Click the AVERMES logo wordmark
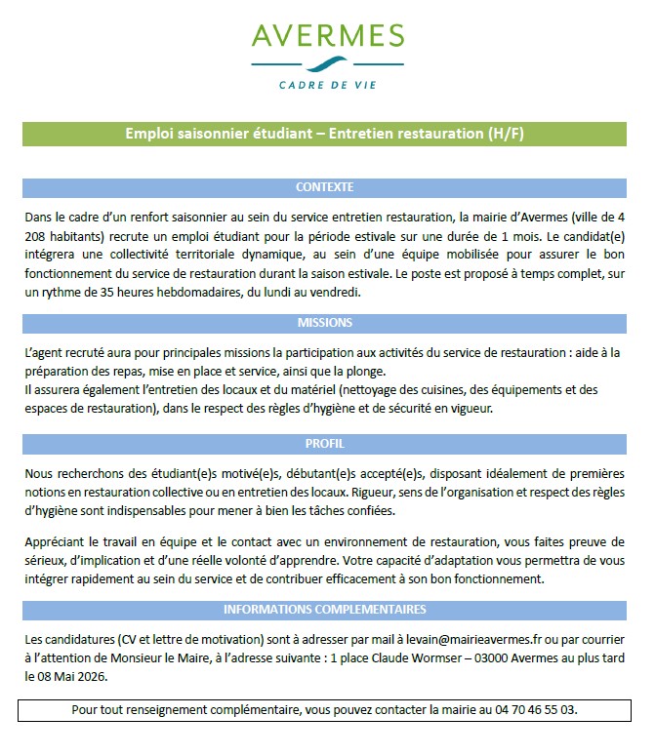point(327,35)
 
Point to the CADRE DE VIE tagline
point(327,85)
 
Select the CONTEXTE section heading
point(325,186)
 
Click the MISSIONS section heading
point(325,322)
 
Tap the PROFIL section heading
point(325,443)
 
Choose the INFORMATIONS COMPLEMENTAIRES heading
point(325,610)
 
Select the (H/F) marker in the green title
point(507,134)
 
